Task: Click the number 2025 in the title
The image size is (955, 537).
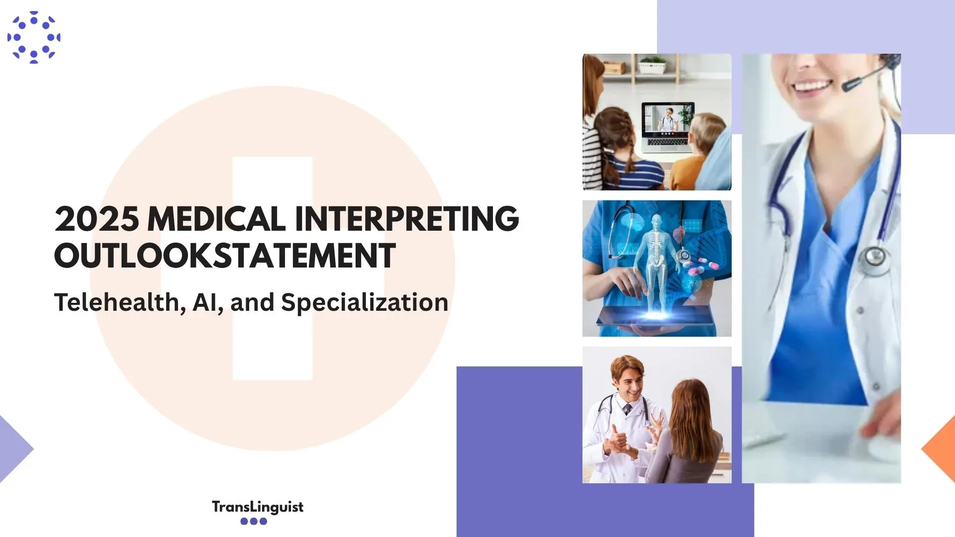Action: tap(96, 219)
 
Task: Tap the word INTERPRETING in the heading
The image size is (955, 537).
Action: tap(407, 219)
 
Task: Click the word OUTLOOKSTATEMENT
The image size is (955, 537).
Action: tap(225, 256)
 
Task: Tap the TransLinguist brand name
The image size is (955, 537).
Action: tap(258, 507)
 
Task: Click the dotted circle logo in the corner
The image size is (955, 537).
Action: tap(34, 37)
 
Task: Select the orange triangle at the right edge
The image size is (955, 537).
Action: tap(939, 449)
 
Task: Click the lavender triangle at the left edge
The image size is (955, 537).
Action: tap(15, 449)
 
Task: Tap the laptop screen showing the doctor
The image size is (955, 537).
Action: tap(668, 119)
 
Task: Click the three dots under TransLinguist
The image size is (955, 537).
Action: tap(254, 521)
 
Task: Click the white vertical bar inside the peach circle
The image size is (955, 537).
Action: tap(273, 268)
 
